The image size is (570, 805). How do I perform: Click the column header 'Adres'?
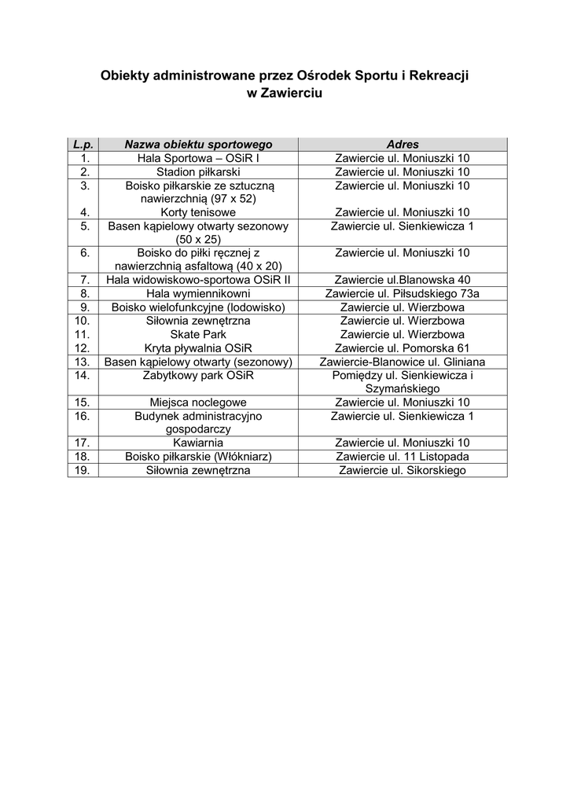[403, 145]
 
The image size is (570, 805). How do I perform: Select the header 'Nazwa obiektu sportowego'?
[198, 145]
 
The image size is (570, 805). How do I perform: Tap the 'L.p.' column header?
[83, 145]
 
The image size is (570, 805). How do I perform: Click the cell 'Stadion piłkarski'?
[198, 171]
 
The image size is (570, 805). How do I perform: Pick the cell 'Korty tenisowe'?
[198, 212]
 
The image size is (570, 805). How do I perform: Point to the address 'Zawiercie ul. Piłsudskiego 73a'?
[403, 293]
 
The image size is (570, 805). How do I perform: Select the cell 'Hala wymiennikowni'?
[198, 293]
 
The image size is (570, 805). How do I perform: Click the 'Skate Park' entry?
[198, 334]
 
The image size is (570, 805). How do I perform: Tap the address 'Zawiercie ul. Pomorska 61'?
[403, 347]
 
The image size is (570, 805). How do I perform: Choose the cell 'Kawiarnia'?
[198, 443]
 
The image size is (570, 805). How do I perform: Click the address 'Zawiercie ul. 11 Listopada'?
[403, 457]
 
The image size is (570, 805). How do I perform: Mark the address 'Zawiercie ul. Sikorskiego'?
[403, 470]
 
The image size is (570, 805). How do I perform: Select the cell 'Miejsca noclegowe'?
[198, 402]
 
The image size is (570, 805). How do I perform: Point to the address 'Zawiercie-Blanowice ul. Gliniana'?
[403, 362]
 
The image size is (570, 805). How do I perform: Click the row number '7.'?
[83, 280]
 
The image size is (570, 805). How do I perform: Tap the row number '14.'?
[83, 376]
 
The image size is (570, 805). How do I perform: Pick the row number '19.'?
[83, 470]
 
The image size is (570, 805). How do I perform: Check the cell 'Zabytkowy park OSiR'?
[198, 376]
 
